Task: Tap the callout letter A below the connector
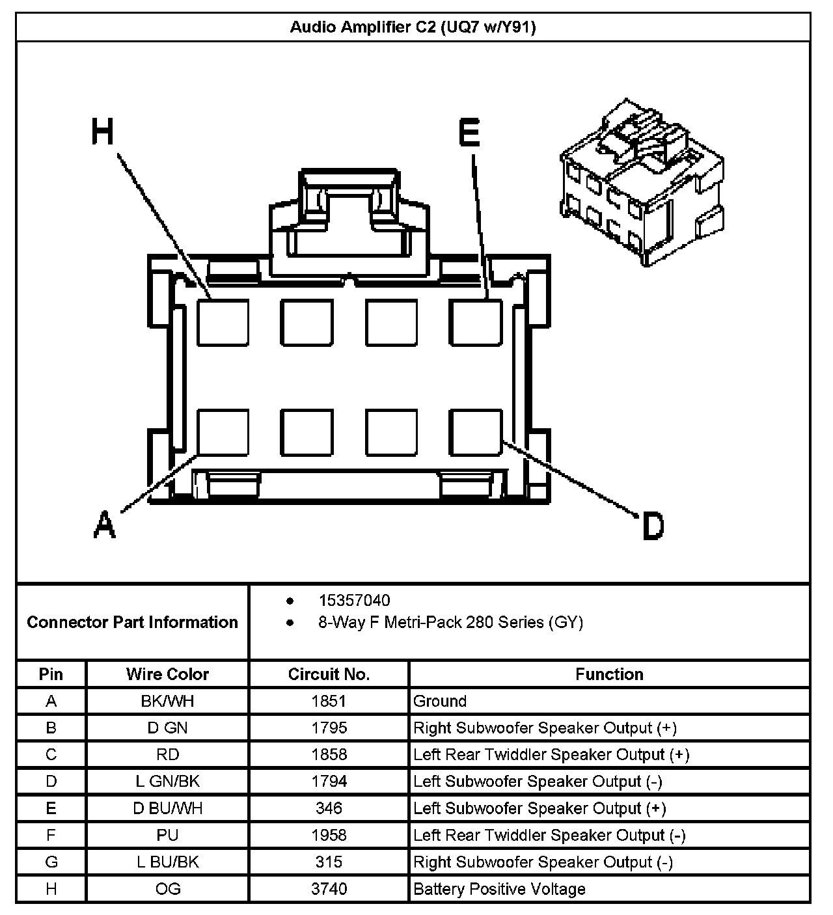[104, 525]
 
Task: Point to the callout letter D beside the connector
[652, 526]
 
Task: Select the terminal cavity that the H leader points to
[223, 322]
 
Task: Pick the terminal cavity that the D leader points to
[476, 432]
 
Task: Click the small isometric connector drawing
[641, 185]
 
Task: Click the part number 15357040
[354, 600]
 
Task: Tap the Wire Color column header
[167, 674]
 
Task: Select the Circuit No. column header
[329, 674]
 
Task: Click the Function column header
[609, 674]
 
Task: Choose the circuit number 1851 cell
[329, 701]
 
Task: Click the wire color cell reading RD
[167, 754]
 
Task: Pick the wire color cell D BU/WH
[167, 808]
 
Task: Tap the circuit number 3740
[329, 889]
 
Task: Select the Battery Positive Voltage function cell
[499, 889]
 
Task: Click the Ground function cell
[440, 701]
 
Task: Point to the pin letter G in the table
[51, 862]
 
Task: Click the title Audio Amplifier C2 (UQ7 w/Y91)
[413, 27]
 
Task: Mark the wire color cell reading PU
[167, 835]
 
